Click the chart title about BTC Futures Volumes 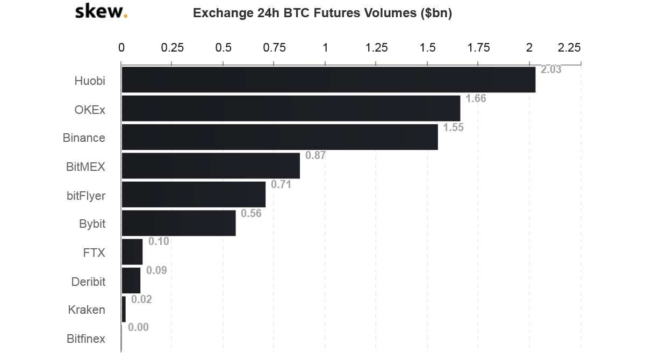click(x=322, y=13)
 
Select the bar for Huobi click(x=328, y=80)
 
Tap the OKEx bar click(x=291, y=109)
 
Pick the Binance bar click(x=279, y=137)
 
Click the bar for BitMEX click(x=211, y=165)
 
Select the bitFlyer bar click(x=193, y=195)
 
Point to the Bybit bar click(x=178, y=223)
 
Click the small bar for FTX click(x=132, y=252)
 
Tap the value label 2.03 click(x=550, y=70)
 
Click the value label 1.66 click(x=475, y=98)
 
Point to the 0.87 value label click(x=316, y=156)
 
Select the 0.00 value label click(x=138, y=328)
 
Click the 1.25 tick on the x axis click(x=376, y=48)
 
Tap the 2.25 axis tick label click(x=569, y=48)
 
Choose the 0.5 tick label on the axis click(x=223, y=48)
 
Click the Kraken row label click(x=87, y=310)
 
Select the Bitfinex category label click(x=86, y=339)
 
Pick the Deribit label click(x=88, y=282)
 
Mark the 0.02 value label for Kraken click(x=141, y=299)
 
